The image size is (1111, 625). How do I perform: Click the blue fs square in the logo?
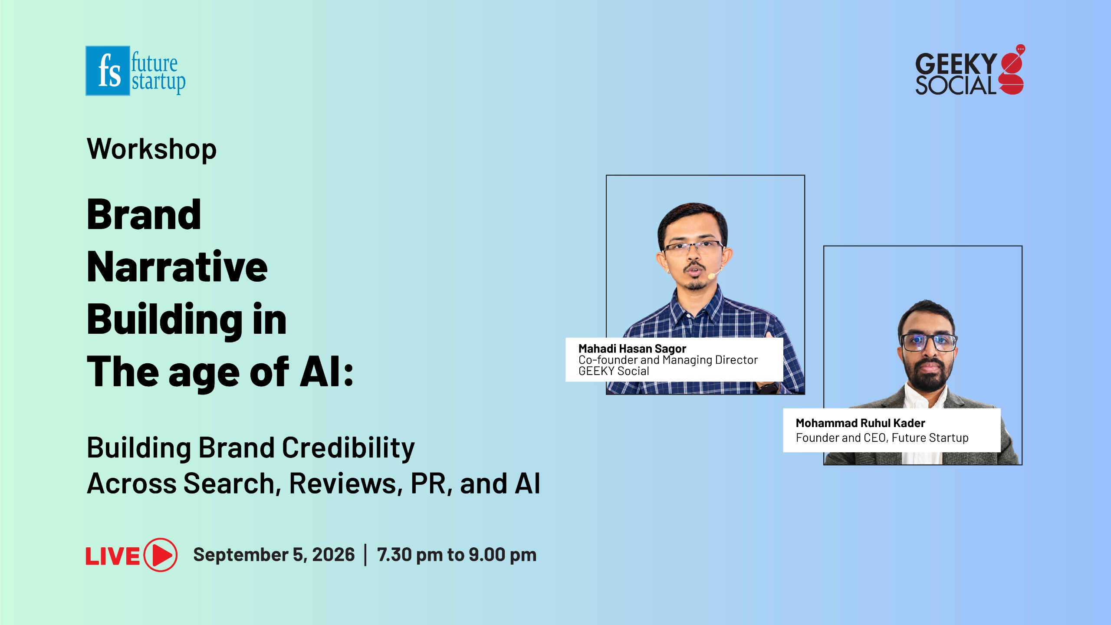(108, 71)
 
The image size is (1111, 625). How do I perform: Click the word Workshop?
(151, 149)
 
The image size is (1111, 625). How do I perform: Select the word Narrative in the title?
(177, 266)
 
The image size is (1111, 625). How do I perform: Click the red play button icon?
(161, 555)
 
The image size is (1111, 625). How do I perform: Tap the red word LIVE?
(112, 556)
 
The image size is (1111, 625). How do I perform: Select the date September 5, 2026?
(274, 555)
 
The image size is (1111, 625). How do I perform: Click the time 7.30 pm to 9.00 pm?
(457, 555)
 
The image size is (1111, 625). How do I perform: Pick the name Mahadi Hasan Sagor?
(632, 349)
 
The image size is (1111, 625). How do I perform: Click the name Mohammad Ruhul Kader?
(860, 423)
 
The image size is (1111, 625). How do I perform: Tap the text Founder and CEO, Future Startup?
(882, 437)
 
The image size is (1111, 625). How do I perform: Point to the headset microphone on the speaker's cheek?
(712, 276)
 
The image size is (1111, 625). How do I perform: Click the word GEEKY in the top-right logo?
(956, 64)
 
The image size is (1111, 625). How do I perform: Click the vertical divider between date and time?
(365, 555)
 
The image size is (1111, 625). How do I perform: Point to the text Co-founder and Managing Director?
(668, 360)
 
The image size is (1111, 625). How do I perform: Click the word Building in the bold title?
(164, 320)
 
